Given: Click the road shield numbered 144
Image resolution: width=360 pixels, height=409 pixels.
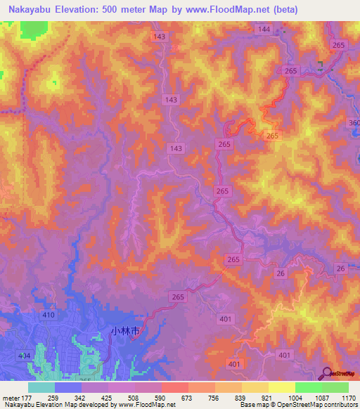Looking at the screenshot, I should point(264,29).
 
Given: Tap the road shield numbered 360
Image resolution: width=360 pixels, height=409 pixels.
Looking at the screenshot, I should point(354,124).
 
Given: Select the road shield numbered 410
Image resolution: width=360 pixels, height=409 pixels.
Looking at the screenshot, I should point(48,316).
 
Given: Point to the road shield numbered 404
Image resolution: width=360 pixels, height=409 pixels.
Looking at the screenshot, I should point(24,356).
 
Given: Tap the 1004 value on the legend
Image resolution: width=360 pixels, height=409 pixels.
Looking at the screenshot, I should point(295,398).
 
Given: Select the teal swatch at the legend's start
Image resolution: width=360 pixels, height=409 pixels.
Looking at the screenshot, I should point(41,387).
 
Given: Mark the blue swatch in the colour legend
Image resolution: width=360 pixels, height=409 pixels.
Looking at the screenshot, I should point(68,387).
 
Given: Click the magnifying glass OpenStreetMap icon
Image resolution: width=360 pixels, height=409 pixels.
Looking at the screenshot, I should point(327,372).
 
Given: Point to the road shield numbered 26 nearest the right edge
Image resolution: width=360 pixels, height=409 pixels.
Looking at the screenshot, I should point(341,269).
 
